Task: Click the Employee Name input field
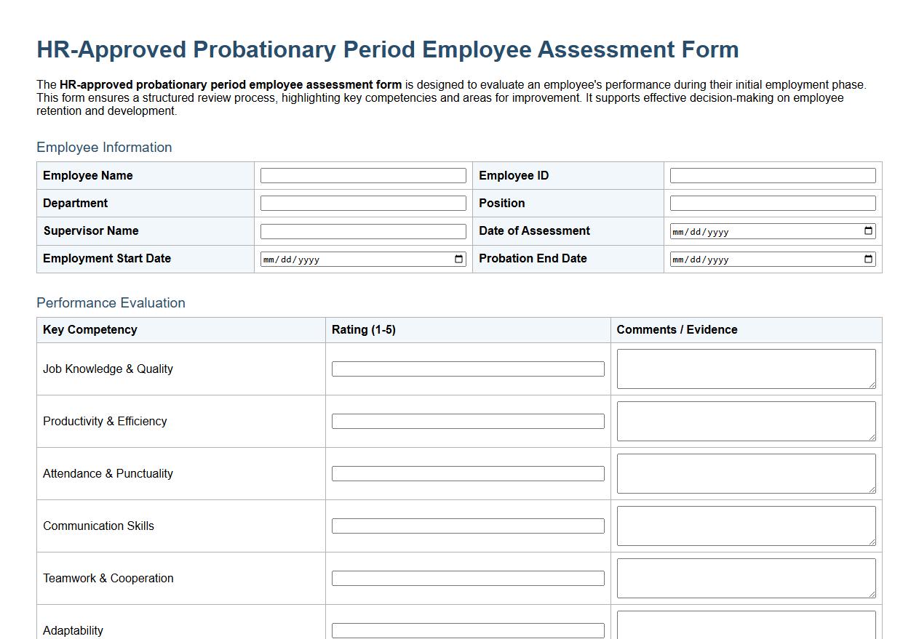pyautogui.click(x=363, y=176)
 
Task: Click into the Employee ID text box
pyautogui.click(x=772, y=176)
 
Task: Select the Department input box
pyautogui.click(x=363, y=204)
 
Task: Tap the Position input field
pyautogui.click(x=772, y=204)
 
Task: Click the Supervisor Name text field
pyautogui.click(x=363, y=231)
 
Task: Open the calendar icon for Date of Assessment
pyautogui.click(x=868, y=231)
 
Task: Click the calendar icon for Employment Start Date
pyautogui.click(x=459, y=260)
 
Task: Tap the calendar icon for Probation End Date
pyautogui.click(x=868, y=260)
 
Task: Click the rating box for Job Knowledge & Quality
pyautogui.click(x=467, y=369)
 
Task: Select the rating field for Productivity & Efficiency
pyautogui.click(x=467, y=422)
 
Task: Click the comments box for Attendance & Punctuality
pyautogui.click(x=746, y=473)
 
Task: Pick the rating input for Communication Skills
pyautogui.click(x=467, y=526)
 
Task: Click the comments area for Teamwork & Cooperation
pyautogui.click(x=746, y=578)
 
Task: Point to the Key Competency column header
pyautogui.click(x=90, y=330)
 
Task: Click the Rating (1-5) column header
pyautogui.click(x=364, y=330)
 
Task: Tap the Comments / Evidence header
pyautogui.click(x=677, y=330)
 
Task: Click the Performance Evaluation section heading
pyautogui.click(x=111, y=303)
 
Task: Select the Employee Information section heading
pyautogui.click(x=104, y=148)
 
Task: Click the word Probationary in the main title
pyautogui.click(x=265, y=49)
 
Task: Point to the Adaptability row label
pyautogui.click(x=73, y=630)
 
